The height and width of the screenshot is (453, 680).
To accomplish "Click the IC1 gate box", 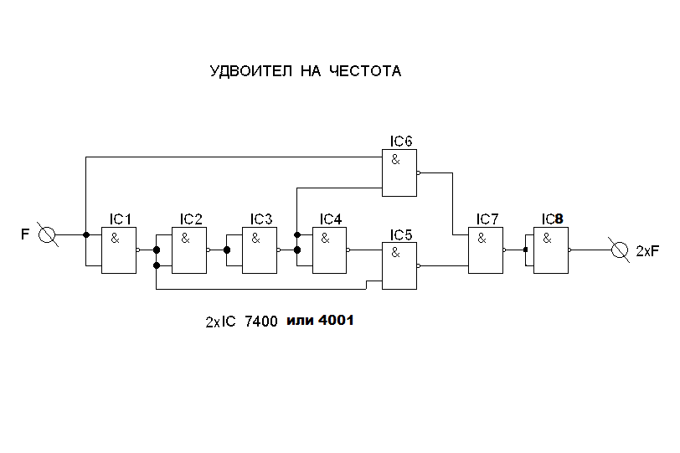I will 118,250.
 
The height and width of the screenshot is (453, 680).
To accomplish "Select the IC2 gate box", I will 188,250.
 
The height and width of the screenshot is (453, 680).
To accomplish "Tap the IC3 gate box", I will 259,250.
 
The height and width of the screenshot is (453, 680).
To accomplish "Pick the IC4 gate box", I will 329,250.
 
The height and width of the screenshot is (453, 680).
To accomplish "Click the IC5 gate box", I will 399,266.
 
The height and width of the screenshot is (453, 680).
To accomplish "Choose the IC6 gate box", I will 399,173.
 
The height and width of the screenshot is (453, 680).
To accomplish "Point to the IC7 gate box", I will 485,250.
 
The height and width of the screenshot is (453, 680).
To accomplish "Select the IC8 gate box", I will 551,250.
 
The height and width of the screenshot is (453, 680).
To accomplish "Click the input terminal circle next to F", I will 49,235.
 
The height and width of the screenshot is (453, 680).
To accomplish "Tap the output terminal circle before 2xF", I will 621,250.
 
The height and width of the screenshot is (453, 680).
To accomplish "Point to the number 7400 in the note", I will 260,322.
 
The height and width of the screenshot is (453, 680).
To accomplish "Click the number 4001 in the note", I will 337,321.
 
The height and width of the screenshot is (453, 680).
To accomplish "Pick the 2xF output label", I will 647,251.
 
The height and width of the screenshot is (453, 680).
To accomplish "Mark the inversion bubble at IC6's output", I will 419,173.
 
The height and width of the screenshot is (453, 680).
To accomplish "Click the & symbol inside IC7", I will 482,238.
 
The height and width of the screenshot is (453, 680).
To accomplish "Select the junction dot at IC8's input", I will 525,250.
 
